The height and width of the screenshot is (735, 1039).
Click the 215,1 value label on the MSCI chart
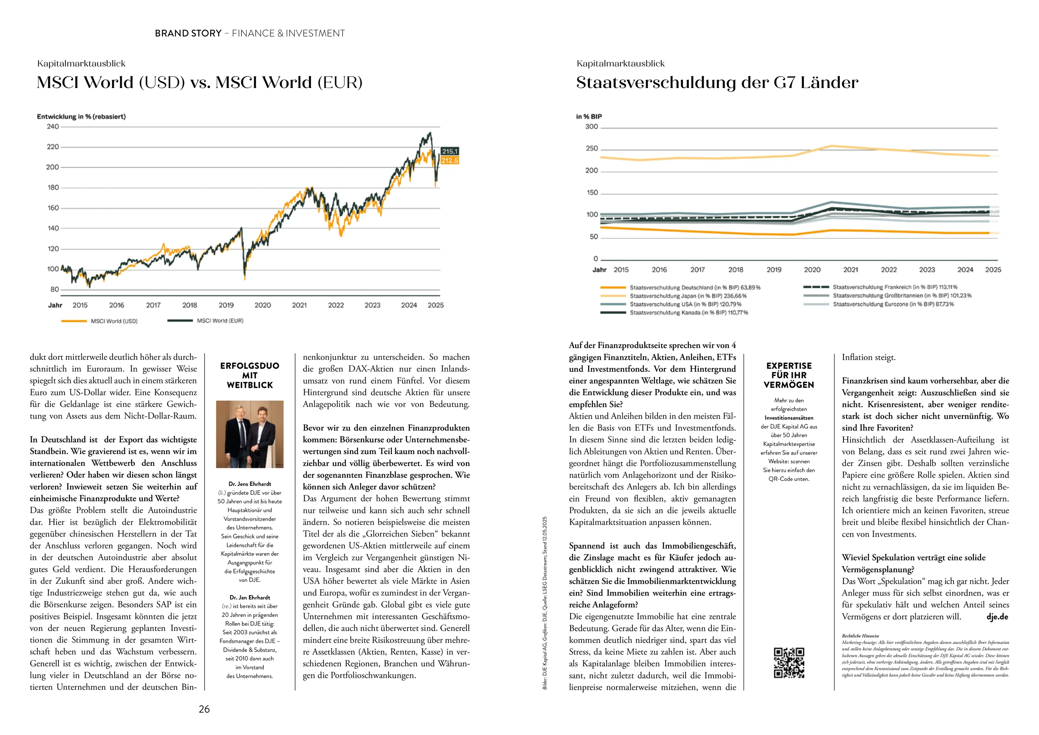450,151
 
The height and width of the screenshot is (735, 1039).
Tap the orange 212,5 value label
450,161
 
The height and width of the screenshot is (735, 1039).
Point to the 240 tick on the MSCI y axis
53,127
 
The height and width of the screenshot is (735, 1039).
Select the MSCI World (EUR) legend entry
220,321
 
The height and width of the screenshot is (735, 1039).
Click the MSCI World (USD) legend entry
114,321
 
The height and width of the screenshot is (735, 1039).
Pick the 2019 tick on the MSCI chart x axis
226,305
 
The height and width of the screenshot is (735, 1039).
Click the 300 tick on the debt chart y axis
591,127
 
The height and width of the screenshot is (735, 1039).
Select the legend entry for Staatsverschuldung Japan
688,296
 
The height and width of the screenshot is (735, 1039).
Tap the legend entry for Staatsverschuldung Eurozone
893,304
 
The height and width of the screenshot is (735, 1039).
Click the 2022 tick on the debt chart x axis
889,270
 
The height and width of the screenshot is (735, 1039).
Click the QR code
789,663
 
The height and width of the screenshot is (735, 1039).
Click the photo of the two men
250,434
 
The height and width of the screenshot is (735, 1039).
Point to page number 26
205,709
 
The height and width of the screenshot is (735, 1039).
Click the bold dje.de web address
997,617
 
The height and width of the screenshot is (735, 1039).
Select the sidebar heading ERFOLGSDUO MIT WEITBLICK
250,375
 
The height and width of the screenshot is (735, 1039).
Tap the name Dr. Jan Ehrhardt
250,598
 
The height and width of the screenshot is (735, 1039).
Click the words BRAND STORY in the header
188,33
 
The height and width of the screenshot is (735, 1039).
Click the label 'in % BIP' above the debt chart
589,117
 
